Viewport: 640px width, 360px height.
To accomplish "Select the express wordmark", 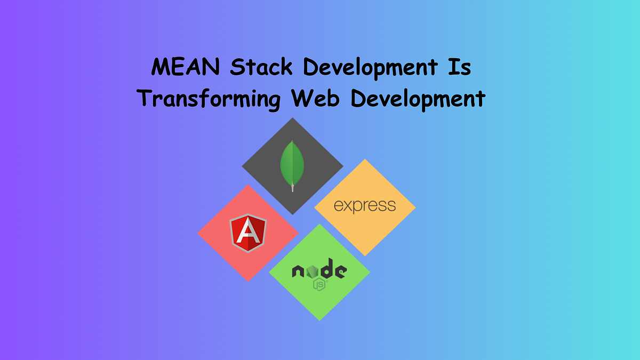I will pos(365,206).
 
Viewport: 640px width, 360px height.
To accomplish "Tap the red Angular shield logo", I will pos(248,234).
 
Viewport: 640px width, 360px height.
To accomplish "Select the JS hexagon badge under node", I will pos(319,284).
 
